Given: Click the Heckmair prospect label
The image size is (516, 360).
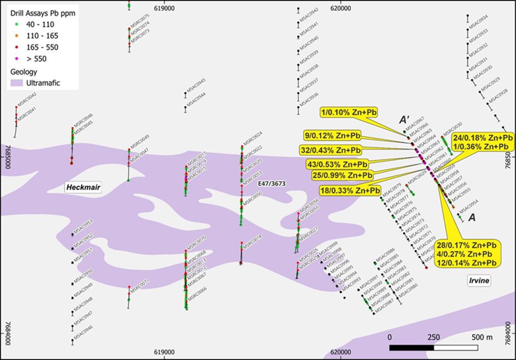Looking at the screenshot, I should [x=83, y=188].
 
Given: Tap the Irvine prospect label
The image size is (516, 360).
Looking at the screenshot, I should [x=479, y=281].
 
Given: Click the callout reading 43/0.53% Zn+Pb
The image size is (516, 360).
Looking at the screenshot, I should [x=338, y=164].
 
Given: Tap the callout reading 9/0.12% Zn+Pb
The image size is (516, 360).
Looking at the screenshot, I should [x=338, y=136].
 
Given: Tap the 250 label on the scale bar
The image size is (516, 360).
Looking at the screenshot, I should [x=434, y=337].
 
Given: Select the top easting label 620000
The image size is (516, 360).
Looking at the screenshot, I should [x=340, y=8].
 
